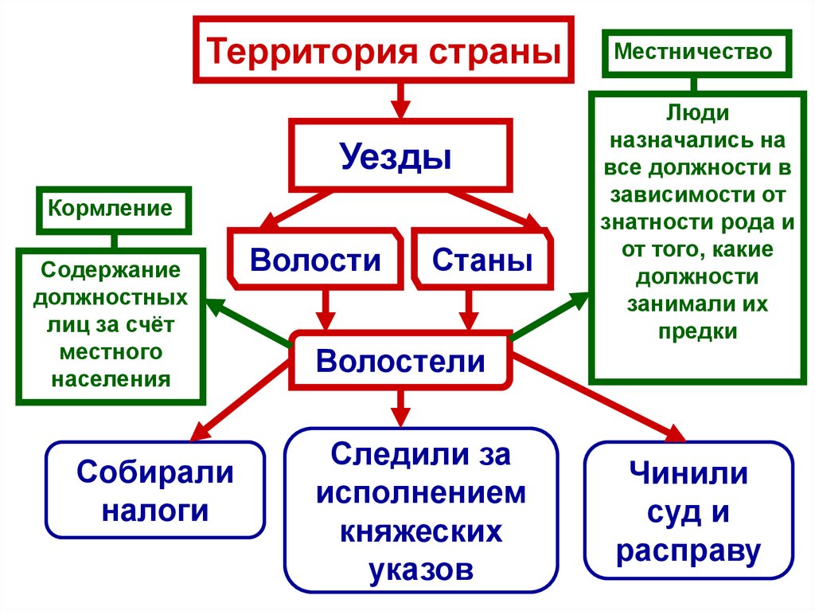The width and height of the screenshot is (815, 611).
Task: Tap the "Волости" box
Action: pos(315,260)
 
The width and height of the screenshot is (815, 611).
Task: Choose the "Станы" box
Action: pos(482,260)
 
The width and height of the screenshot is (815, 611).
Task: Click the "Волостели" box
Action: pos(400,360)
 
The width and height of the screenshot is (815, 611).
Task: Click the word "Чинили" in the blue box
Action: pos(689,475)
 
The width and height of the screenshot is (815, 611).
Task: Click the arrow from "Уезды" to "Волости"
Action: pos(299,209)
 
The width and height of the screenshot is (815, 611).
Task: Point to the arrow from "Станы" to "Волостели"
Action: pos(468,309)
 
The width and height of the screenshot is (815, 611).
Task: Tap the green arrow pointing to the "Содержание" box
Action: pos(247,323)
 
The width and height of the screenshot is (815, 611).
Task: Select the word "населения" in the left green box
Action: pos(111,378)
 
